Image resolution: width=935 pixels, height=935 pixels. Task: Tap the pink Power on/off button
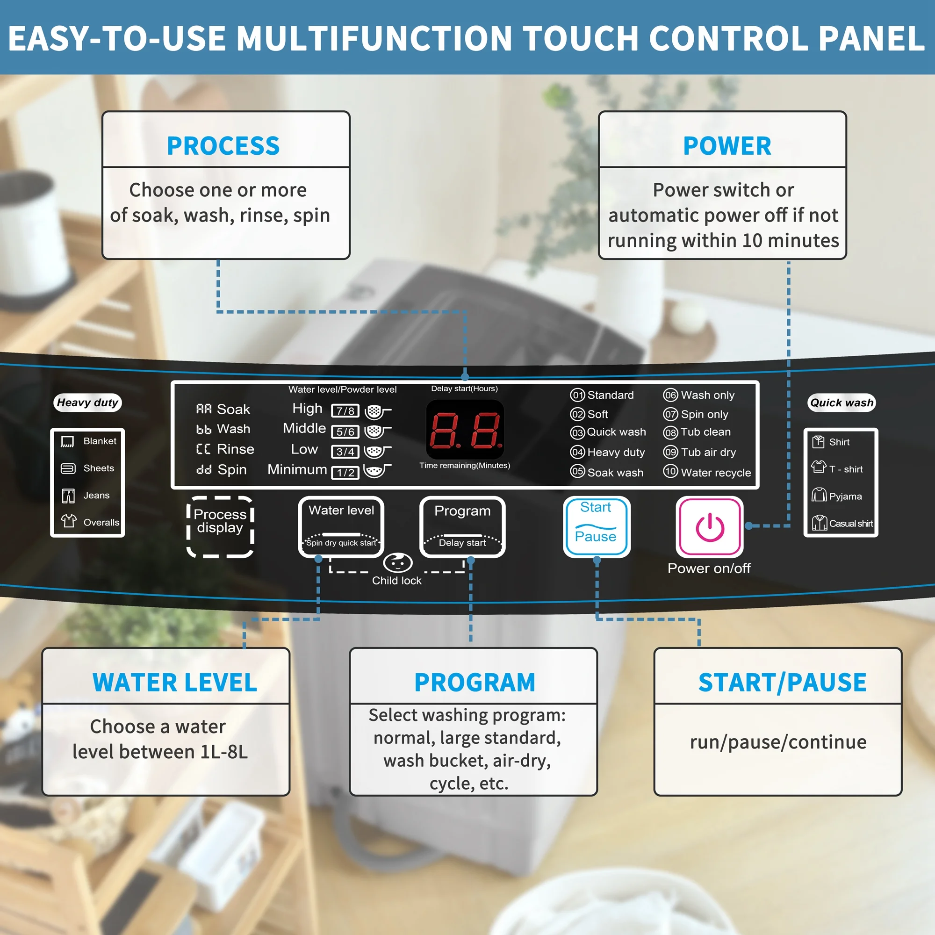point(710,526)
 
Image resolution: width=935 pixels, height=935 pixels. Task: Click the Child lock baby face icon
point(397,563)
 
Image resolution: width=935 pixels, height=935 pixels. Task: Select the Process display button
point(220,526)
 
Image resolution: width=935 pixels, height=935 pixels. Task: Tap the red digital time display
point(465,429)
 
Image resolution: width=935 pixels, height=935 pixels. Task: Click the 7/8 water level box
point(345,411)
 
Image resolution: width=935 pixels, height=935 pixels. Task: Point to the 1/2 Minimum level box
point(345,473)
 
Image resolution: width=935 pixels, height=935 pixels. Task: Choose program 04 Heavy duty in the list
point(607,452)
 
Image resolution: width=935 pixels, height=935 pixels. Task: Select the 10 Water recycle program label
point(707,472)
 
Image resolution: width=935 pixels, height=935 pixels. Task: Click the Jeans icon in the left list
point(68,496)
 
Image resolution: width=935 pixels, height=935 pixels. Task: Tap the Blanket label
point(100,441)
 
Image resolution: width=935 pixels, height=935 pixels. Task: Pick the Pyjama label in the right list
point(845,496)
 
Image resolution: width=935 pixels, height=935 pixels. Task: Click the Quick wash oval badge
point(841,403)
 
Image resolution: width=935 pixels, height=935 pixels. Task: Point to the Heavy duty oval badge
point(87,403)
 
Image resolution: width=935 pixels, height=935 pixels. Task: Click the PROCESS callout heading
point(223,146)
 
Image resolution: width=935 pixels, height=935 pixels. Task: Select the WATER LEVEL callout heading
point(175,683)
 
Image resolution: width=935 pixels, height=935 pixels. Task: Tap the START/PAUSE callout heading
point(782,683)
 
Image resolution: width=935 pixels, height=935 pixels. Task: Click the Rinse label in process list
point(235,449)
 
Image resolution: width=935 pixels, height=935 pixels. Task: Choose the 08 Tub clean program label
point(697,432)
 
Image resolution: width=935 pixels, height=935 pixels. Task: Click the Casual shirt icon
point(820,523)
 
